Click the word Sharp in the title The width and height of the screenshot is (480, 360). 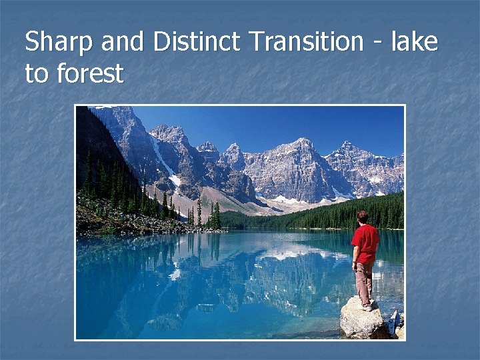tap(60, 43)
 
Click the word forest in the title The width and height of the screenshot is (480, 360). tap(90, 73)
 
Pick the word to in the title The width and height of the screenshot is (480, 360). tap(37, 73)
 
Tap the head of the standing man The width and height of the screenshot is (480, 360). tap(363, 217)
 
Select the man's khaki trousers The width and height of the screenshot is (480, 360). tap(363, 281)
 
